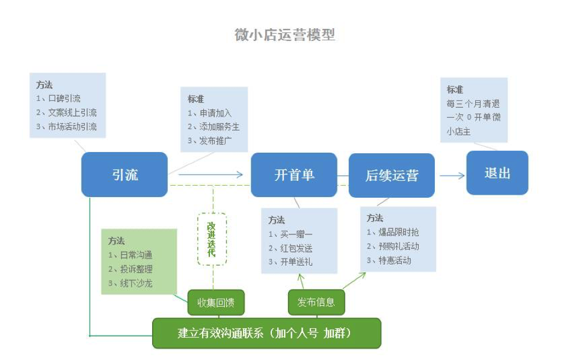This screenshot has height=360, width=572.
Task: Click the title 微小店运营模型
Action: click(x=284, y=35)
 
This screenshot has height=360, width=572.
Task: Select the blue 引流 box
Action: click(x=125, y=174)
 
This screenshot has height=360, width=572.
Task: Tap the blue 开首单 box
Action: click(x=294, y=175)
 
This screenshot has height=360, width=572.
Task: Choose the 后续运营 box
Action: click(x=392, y=175)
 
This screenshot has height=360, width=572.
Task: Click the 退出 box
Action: click(x=497, y=173)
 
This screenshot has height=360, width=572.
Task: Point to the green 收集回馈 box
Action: click(x=216, y=302)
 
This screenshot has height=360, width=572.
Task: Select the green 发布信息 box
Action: click(x=316, y=302)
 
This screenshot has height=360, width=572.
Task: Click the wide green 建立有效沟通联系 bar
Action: click(x=266, y=333)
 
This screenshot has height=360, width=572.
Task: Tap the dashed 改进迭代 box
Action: click(x=212, y=239)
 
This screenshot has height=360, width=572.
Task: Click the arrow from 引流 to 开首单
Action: click(x=211, y=174)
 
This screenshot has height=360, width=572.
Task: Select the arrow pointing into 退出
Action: click(x=452, y=176)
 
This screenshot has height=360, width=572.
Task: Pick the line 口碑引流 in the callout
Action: click(x=64, y=99)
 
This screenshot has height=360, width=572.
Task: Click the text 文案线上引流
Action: click(x=72, y=112)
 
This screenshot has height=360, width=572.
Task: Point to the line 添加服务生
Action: click(x=220, y=127)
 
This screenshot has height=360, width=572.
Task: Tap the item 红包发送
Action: click(x=296, y=248)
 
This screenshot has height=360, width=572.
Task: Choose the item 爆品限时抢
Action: click(x=398, y=232)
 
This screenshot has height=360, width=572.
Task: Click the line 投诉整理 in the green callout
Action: click(x=136, y=269)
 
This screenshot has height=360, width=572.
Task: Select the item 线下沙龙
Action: click(x=136, y=284)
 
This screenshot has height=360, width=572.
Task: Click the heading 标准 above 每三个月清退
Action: click(x=455, y=90)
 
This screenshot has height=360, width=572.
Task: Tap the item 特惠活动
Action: click(x=395, y=260)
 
